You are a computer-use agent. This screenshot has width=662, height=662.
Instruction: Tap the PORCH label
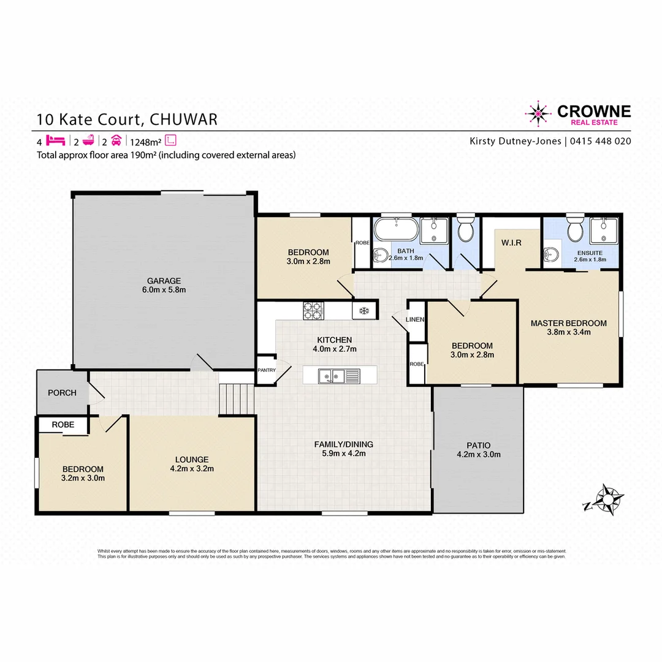[62, 392]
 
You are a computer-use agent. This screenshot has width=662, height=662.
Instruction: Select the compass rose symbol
[606, 500]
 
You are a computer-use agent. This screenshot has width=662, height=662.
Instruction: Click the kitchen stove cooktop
[313, 311]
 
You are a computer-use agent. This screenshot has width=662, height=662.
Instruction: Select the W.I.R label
[511, 243]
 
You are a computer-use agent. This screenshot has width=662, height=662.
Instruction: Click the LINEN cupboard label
[416, 320]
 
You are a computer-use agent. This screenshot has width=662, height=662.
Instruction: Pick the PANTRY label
[267, 370]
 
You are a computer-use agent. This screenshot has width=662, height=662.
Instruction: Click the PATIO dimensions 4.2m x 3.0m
[478, 455]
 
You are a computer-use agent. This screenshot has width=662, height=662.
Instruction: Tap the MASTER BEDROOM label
[568, 323]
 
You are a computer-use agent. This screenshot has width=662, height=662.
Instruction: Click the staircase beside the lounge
[237, 399]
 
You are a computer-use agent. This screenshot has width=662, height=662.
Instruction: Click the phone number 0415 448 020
[600, 141]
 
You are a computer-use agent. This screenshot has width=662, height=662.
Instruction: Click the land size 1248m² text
[145, 140]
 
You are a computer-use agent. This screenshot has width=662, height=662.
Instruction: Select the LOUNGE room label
[191, 459]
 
